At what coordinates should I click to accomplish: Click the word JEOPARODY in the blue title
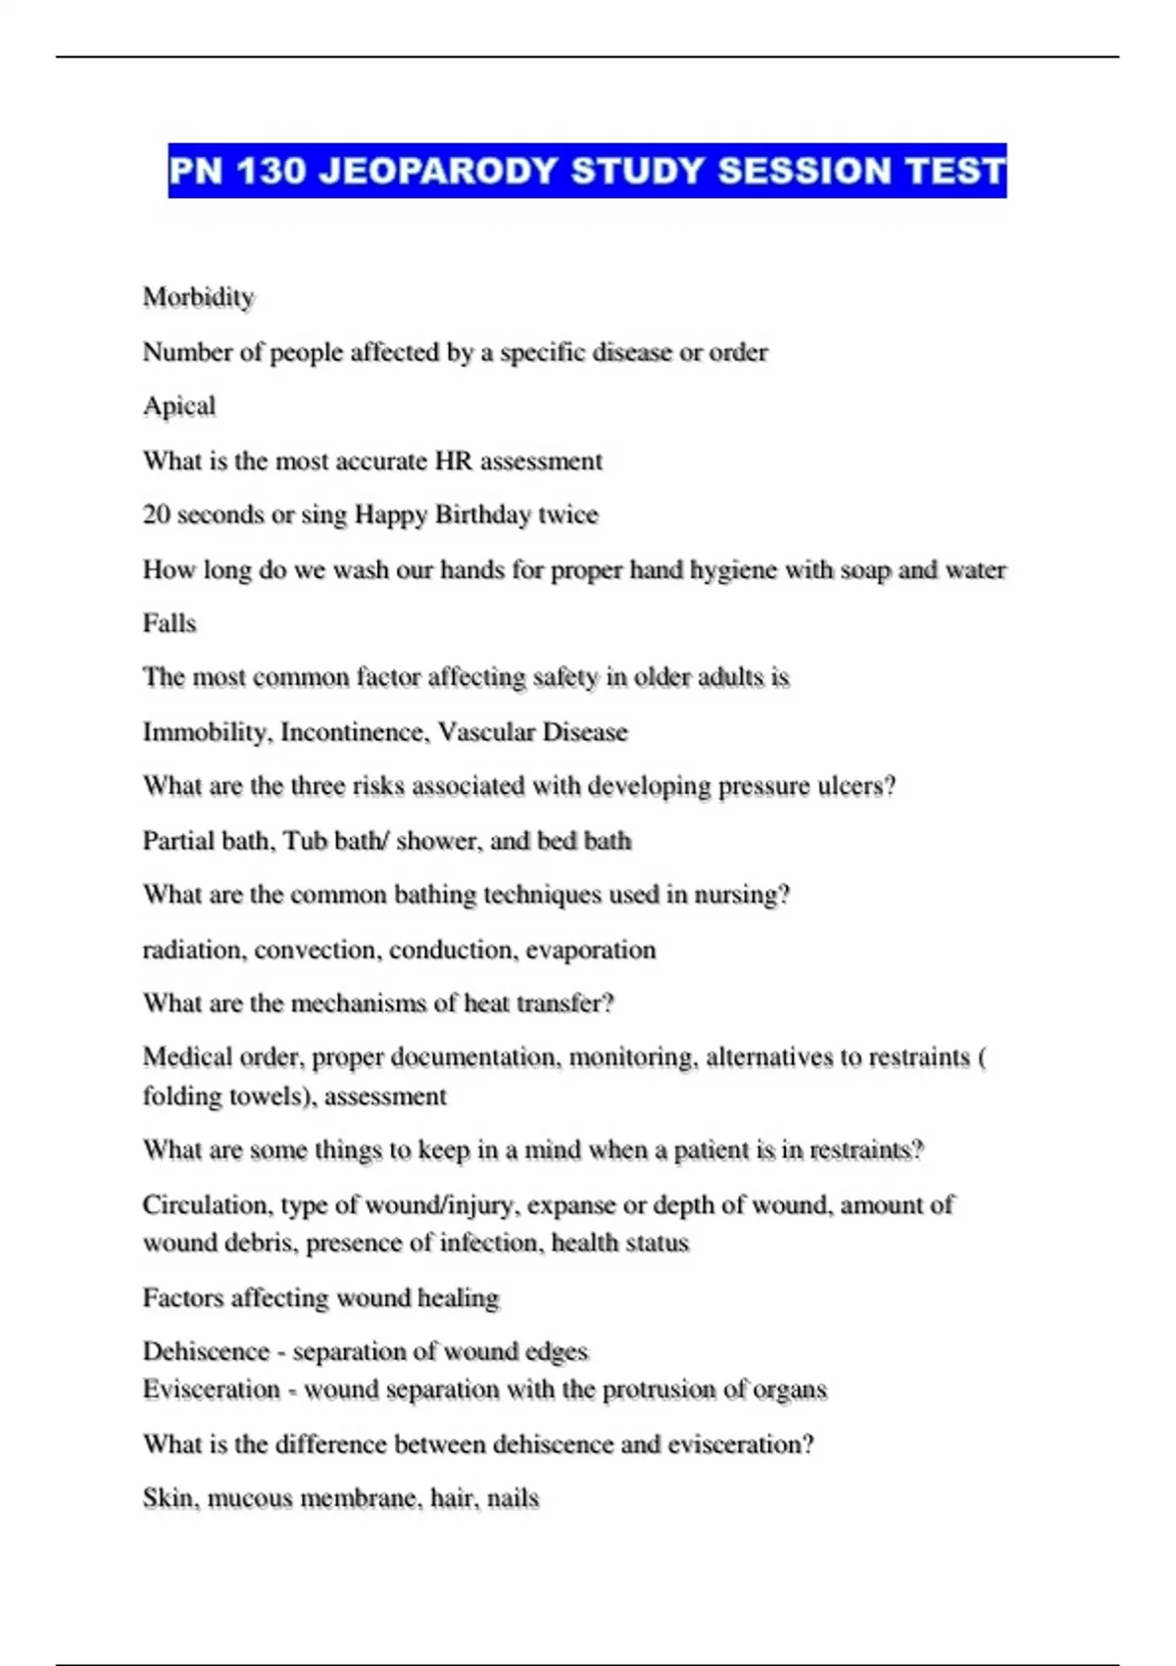click(437, 171)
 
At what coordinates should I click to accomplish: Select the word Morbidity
click(198, 297)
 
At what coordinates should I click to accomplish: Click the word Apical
click(178, 406)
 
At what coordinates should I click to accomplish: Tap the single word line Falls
click(170, 623)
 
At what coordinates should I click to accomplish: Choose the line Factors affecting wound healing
click(320, 1298)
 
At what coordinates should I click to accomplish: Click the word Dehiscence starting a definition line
click(206, 1351)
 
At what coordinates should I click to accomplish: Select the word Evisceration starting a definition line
click(212, 1390)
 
